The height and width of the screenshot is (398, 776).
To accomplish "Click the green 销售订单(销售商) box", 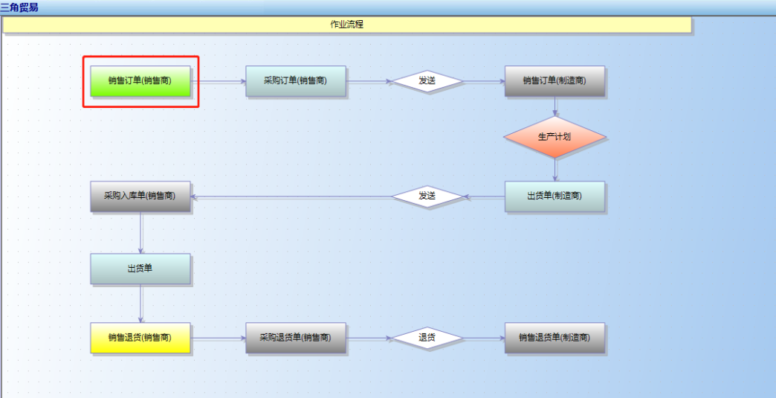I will click(140, 81).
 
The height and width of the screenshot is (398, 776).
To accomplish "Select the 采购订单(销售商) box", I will click(295, 81).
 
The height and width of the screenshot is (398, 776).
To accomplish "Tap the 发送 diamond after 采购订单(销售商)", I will click(427, 81).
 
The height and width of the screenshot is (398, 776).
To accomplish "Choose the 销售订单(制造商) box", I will click(554, 81).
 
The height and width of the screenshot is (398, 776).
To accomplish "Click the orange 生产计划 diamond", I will click(554, 137).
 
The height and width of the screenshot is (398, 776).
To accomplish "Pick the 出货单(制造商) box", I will click(554, 196).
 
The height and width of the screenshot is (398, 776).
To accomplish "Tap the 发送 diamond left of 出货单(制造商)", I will click(427, 196).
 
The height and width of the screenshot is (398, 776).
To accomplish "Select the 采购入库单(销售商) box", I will click(140, 196).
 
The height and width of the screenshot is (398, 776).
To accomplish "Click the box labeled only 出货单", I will click(140, 269).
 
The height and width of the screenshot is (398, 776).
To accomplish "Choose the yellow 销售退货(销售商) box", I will click(140, 338).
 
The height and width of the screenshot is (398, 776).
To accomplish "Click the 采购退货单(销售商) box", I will click(295, 338).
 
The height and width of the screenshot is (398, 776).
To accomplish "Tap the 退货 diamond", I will click(427, 338).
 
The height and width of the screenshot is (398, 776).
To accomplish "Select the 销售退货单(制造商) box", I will click(554, 338).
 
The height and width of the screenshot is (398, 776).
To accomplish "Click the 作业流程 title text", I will click(346, 25).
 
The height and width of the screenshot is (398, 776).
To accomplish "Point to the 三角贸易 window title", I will click(19, 7).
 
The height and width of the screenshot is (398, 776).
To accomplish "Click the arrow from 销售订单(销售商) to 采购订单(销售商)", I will click(219, 82).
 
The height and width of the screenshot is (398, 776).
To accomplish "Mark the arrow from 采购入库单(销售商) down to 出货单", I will click(140, 233).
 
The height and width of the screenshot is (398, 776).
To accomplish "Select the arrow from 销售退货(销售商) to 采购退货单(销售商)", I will click(219, 338).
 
